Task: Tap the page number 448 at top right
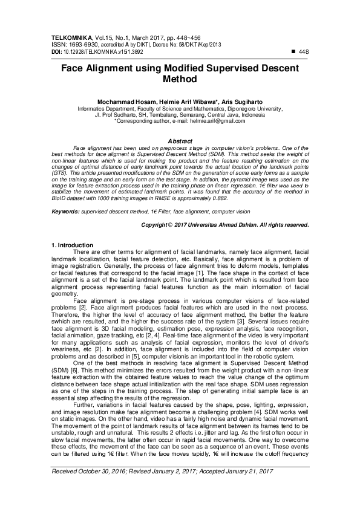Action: pos(304,53)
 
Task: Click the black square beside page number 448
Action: pos(294,53)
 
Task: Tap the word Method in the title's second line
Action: pos(180,79)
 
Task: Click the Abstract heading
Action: pos(180,140)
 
